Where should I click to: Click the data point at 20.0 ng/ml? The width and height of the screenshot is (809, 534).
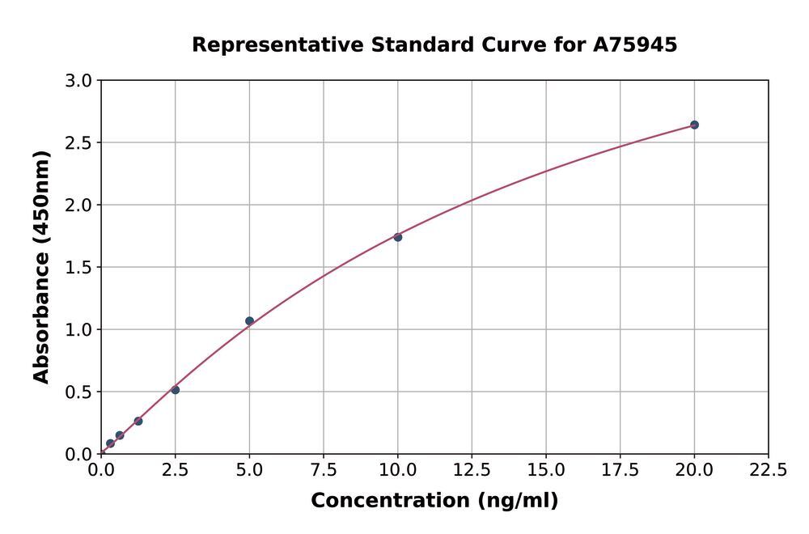click(x=694, y=125)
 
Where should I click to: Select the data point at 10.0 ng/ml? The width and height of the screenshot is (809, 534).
click(x=398, y=237)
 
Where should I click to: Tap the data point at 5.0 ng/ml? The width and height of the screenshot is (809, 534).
click(x=249, y=321)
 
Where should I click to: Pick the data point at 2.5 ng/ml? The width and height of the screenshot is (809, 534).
click(x=175, y=390)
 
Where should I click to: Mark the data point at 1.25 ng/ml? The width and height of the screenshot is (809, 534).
click(x=138, y=421)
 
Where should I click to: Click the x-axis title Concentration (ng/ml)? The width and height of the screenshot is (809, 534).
click(x=434, y=501)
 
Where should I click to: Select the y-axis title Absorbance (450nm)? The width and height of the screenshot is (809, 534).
click(x=41, y=267)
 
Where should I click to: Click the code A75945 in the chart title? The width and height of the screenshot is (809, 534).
click(x=637, y=45)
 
